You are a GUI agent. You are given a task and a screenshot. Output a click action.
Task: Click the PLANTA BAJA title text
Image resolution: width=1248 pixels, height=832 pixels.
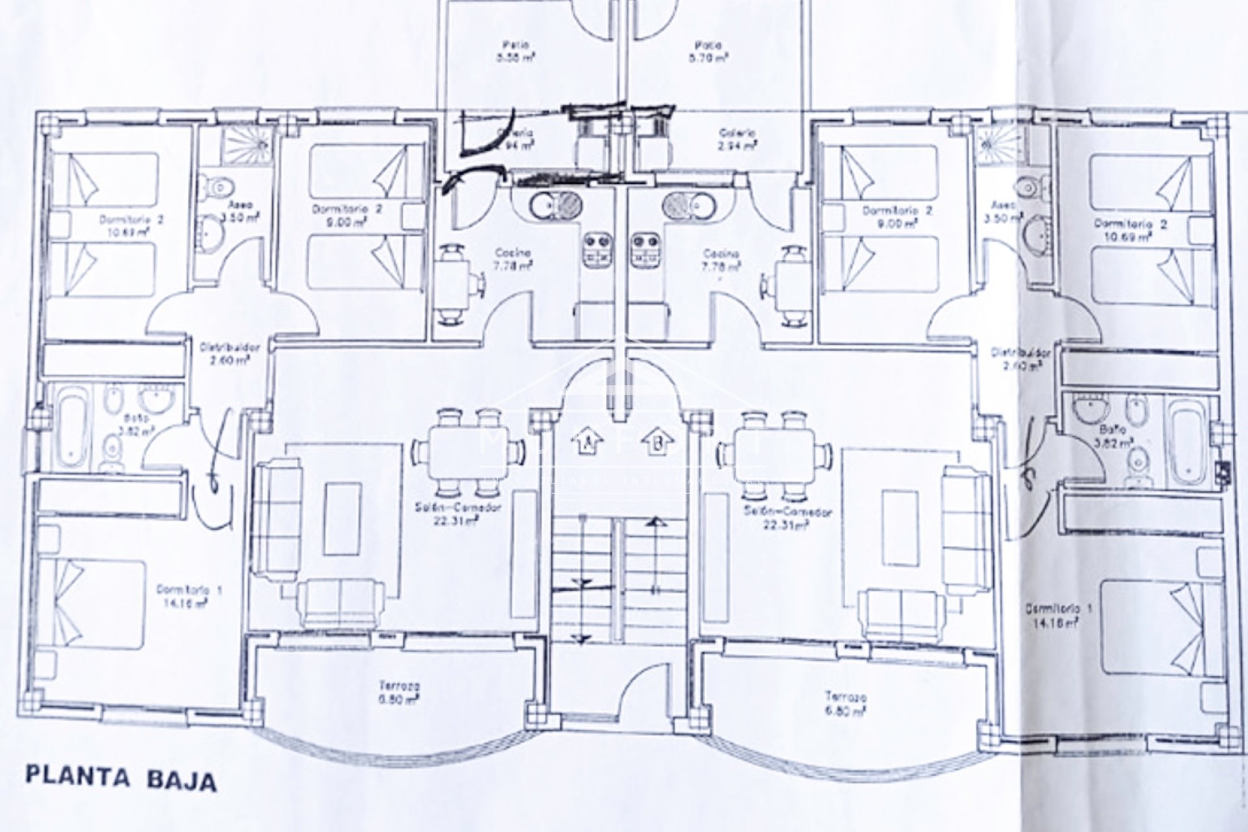(x=121, y=778)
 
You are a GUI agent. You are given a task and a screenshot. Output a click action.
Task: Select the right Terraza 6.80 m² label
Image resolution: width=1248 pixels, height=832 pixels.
(x=845, y=703)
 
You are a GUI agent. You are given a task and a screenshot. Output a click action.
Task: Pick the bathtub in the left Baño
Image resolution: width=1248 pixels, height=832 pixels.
(x=70, y=426)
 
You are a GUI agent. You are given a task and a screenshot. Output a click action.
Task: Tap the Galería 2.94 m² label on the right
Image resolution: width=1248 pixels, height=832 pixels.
(x=738, y=139)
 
